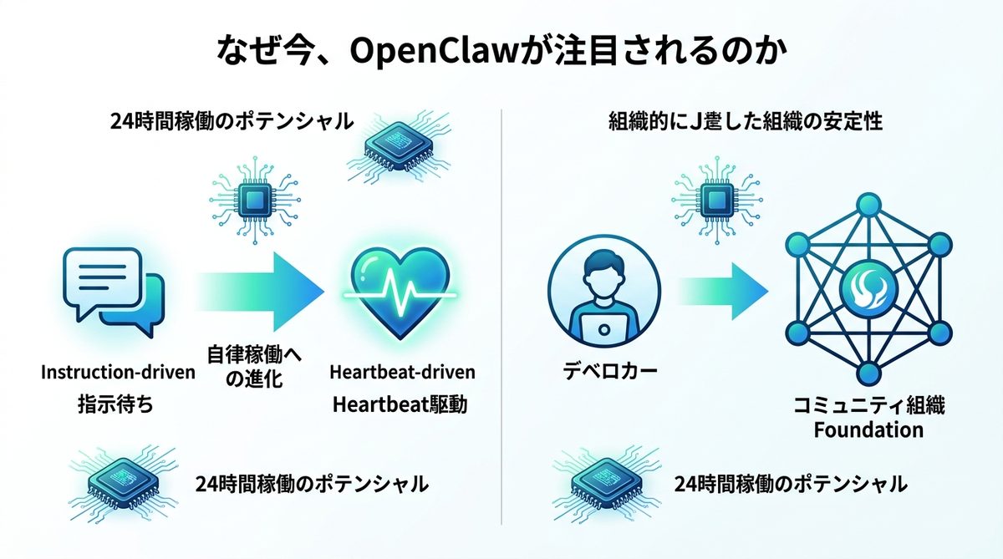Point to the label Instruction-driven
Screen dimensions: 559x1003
(x=118, y=372)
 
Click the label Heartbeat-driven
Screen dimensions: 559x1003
(x=402, y=371)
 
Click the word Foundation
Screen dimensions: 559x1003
(x=869, y=430)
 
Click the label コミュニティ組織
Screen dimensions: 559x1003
(x=869, y=406)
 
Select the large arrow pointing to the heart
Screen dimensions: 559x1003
(x=259, y=291)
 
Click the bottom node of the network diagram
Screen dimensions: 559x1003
(x=868, y=374)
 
